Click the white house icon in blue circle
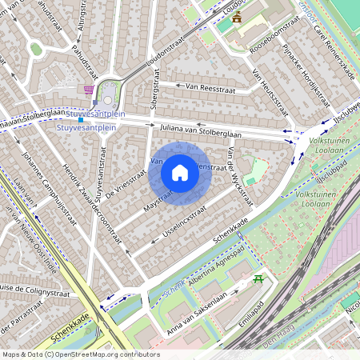(x=180, y=172)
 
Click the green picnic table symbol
(x=258, y=278)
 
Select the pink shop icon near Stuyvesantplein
(x=88, y=89)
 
